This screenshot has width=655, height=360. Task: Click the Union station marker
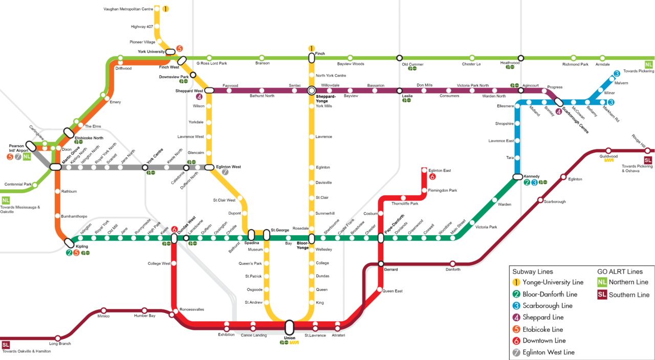289,327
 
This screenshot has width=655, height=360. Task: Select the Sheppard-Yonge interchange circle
311,91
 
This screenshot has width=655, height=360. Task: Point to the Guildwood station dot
608,151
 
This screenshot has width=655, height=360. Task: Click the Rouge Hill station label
639,140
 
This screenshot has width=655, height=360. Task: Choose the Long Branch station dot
57,338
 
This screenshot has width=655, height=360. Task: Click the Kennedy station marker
517,177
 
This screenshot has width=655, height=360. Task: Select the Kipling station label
82,246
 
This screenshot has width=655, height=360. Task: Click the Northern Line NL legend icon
603,282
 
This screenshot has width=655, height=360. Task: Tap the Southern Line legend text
629,295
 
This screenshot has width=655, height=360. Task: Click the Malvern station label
621,83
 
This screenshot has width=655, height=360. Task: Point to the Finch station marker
311,57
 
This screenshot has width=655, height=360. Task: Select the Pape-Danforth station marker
381,238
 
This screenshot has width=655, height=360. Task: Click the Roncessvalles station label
191,309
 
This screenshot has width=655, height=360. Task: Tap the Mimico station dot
104,310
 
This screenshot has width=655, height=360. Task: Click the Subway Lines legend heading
533,272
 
